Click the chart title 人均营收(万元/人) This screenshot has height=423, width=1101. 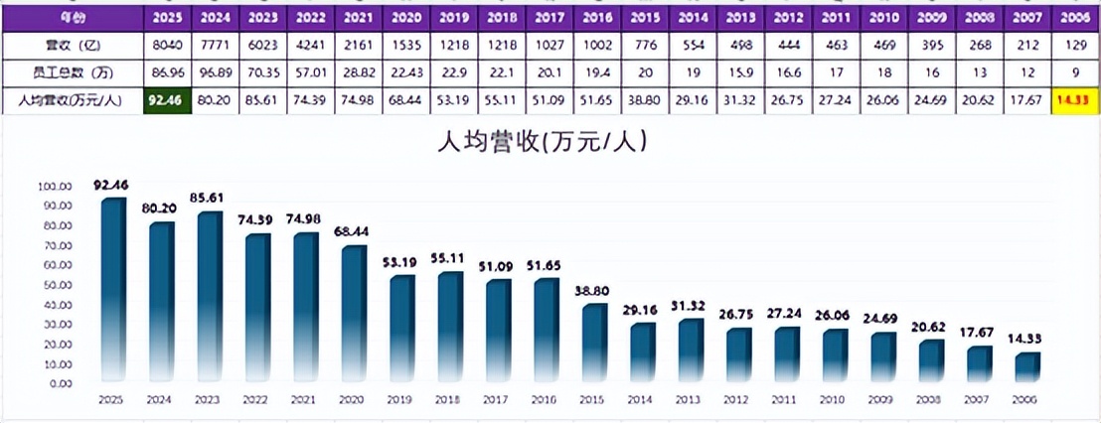pos(544,143)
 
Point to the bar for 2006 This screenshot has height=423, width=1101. pos(1026,366)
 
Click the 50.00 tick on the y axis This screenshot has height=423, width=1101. pos(55,285)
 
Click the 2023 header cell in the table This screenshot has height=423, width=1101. pos(262,18)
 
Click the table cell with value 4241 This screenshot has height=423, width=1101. pos(311,46)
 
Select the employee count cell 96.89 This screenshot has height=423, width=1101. pos(215,73)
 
